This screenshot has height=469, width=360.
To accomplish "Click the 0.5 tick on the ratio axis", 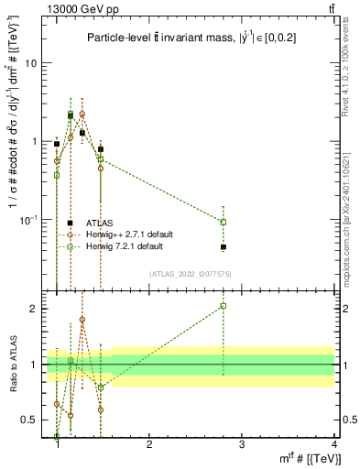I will pos(32,420).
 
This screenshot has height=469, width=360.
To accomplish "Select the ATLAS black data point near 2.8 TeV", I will pos(224,247).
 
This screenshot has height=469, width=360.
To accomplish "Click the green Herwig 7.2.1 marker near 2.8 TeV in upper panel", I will pos(224,222).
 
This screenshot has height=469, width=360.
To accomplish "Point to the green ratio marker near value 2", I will pos(224,306).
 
